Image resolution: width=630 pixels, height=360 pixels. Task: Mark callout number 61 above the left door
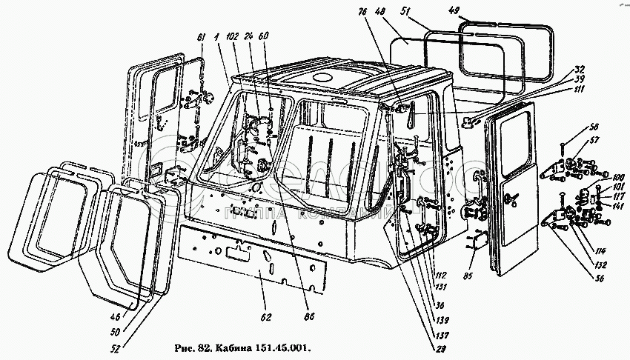coord(200,39)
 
